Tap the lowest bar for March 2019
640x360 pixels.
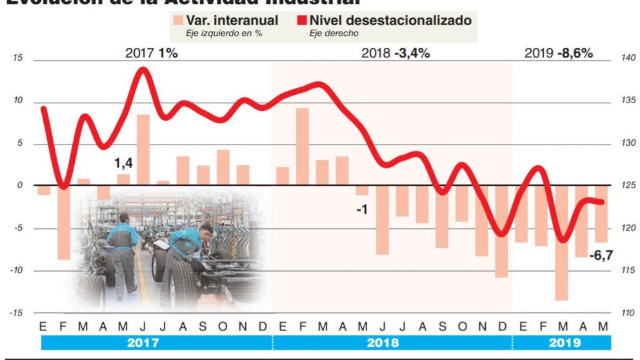tap(561, 243)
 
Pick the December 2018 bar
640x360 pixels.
tap(501, 231)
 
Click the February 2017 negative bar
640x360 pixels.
tap(63, 222)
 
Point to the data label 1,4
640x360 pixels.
tap(123, 164)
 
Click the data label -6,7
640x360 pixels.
tap(601, 255)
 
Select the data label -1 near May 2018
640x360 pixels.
tap(362, 209)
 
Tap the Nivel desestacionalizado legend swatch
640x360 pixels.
tap(301, 21)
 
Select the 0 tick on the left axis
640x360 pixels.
tap(19, 186)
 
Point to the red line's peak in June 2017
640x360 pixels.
tap(144, 70)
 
